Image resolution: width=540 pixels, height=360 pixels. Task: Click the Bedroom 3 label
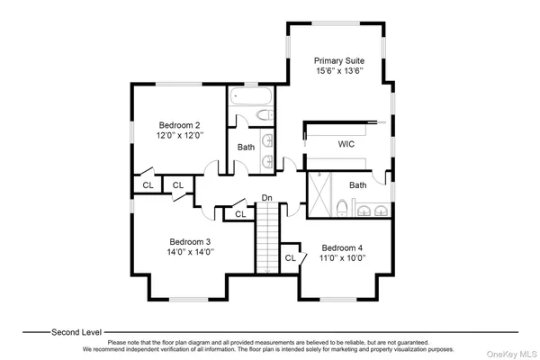click(x=190, y=241)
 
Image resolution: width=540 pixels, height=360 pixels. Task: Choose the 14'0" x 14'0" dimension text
click(x=190, y=253)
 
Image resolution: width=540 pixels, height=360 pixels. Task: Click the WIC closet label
click(x=347, y=143)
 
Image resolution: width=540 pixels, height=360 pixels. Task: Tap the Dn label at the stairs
click(x=267, y=198)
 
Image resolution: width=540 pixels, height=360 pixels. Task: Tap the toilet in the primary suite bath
click(x=342, y=210)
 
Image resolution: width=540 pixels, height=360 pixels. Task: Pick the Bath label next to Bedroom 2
click(x=246, y=147)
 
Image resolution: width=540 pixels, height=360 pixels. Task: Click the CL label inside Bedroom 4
click(x=291, y=258)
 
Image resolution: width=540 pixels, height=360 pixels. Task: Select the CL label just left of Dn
click(x=240, y=214)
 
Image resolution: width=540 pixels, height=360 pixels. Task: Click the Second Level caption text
click(x=76, y=331)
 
